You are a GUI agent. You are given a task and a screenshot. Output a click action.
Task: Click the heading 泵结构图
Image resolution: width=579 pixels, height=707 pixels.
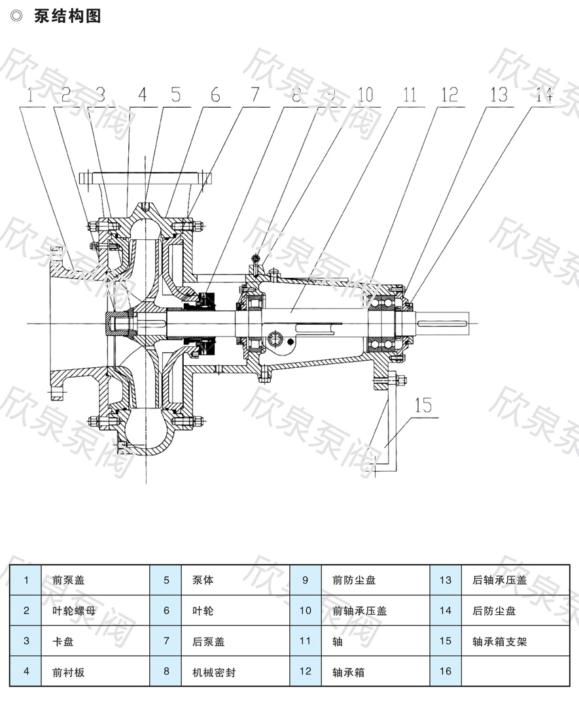(x=67, y=16)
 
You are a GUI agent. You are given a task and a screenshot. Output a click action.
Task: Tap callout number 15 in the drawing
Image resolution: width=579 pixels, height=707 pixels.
(x=423, y=405)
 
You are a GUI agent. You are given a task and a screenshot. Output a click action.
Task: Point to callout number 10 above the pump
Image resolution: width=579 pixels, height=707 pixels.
(x=364, y=95)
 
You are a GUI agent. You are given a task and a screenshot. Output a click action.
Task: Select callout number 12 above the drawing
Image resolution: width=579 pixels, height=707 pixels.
(x=449, y=95)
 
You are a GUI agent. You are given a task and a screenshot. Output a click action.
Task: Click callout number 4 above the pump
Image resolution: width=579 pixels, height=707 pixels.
(x=143, y=95)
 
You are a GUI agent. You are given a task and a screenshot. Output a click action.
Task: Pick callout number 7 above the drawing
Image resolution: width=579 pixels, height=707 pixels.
(x=253, y=95)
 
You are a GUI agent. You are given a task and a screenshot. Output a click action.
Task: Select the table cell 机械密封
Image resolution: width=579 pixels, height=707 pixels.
(x=213, y=672)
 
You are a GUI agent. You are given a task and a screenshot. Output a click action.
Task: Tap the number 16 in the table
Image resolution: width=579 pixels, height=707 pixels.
(x=446, y=672)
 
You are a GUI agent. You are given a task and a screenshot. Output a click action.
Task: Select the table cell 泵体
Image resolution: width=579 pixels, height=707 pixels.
(x=203, y=580)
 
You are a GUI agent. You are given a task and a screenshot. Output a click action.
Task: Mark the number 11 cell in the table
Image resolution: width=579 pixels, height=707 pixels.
(x=306, y=641)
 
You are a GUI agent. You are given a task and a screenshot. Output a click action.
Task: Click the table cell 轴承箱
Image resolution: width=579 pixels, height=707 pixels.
(x=348, y=672)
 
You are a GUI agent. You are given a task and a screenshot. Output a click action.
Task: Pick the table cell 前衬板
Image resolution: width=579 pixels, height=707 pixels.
(x=69, y=672)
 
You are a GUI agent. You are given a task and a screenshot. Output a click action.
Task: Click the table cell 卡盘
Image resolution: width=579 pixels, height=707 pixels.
(x=63, y=641)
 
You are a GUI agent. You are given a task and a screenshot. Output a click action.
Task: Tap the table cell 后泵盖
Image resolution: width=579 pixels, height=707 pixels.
(x=208, y=641)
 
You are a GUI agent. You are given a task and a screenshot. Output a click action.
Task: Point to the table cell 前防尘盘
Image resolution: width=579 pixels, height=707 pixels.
(x=354, y=580)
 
